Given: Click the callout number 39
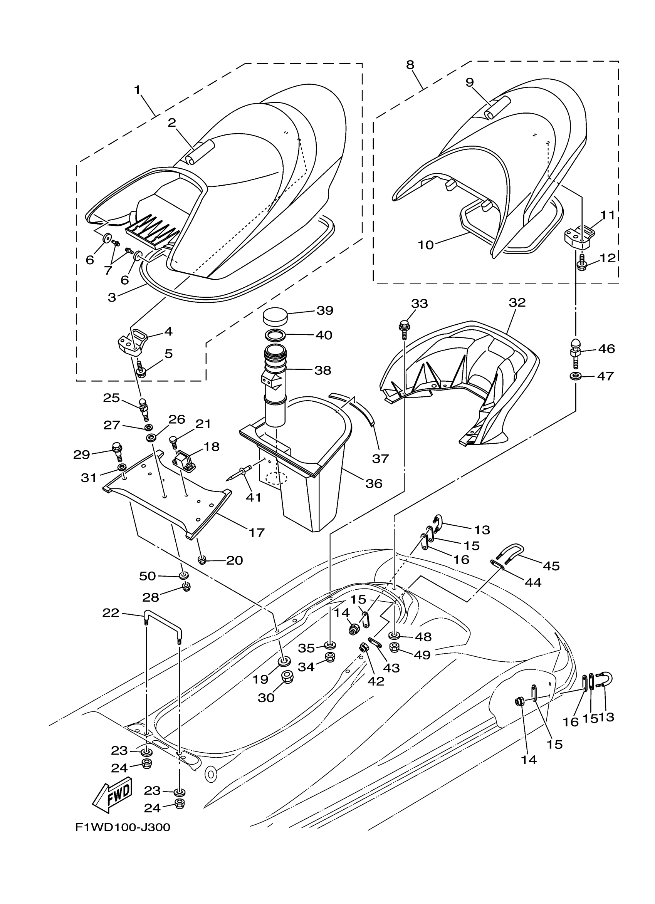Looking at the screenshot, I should click(x=324, y=310).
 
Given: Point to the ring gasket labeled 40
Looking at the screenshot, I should click(x=275, y=335).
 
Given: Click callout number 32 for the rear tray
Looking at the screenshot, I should click(x=517, y=302).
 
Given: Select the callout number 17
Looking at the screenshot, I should click(x=257, y=532).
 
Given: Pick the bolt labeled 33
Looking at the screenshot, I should click(x=403, y=329).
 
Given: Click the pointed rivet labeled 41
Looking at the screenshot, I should click(x=240, y=471).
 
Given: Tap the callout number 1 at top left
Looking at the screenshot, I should click(x=138, y=90).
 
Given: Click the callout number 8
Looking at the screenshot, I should click(x=410, y=65).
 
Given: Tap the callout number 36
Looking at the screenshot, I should click(x=374, y=483).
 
